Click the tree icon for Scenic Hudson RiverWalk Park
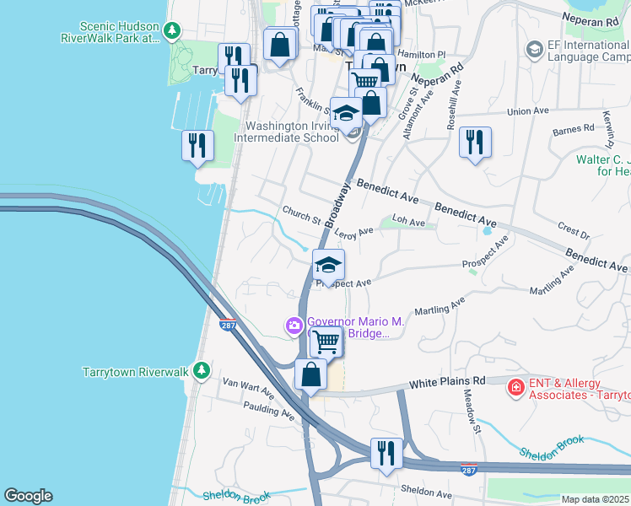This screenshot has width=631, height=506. pos(172,31)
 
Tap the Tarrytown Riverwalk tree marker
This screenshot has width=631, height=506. pos(201,370)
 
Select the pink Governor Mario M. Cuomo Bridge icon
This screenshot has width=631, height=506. pos(294,325)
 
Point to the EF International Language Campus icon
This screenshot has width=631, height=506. pos(533,51)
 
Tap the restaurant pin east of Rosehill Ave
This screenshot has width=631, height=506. pos(476,143)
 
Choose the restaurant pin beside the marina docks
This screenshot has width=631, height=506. pos(197,145)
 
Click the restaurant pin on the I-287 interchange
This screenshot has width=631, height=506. pos(384,453)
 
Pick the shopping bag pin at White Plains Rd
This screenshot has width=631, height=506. pos(311,374)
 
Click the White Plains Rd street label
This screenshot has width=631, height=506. pos(448,382)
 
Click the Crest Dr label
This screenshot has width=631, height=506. pos(573,229)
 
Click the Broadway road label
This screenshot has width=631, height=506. pos(337,204)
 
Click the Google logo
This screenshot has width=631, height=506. pos(28,496)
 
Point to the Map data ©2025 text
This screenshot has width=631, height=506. pos(595,499)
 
